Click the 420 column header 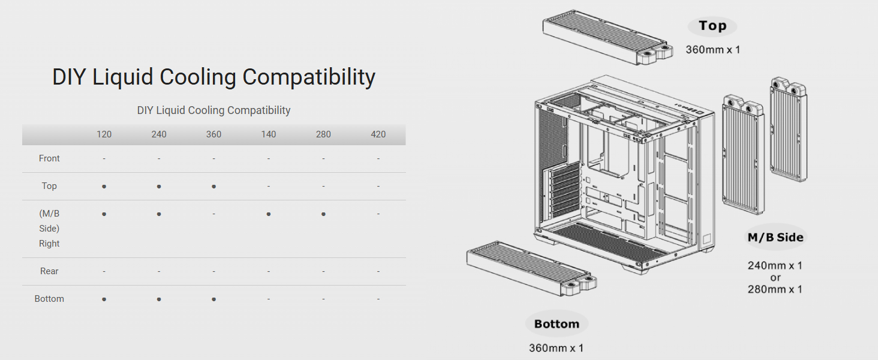pos(378,134)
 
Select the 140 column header pos(268,134)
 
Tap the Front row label pos(49,158)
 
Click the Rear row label pos(49,271)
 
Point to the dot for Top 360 pos(214,187)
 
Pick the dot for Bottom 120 pos(104,299)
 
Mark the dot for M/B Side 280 pos(323,214)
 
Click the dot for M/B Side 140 pos(268,214)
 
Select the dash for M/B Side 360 pos(214,214)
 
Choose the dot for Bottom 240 pos(159,299)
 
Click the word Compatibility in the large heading pos(309,77)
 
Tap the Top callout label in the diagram pos(712,26)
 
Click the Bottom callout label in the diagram pos(557,324)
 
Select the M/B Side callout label pos(775,237)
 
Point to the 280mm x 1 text pos(775,289)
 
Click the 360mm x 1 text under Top pos(713,50)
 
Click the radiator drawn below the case pos(531,274)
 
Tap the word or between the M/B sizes pos(775,277)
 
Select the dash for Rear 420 pos(378,271)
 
